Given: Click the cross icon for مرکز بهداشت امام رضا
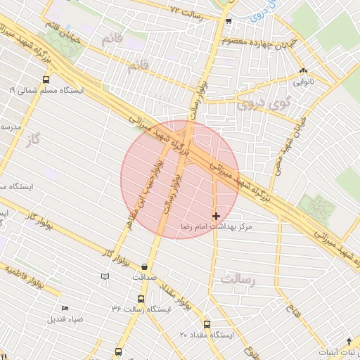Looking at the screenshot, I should click(215, 215).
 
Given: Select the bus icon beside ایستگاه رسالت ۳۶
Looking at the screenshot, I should click(153, 308).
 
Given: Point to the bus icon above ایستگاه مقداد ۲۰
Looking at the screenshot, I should click(207, 324).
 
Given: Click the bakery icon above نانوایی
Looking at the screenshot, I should click(303, 71).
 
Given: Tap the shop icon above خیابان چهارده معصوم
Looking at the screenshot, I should click(229, 22).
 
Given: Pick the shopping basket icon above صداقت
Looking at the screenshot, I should click(145, 266).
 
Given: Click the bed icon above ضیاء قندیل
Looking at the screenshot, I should click(65, 309).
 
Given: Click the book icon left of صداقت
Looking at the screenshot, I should click(105, 277).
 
